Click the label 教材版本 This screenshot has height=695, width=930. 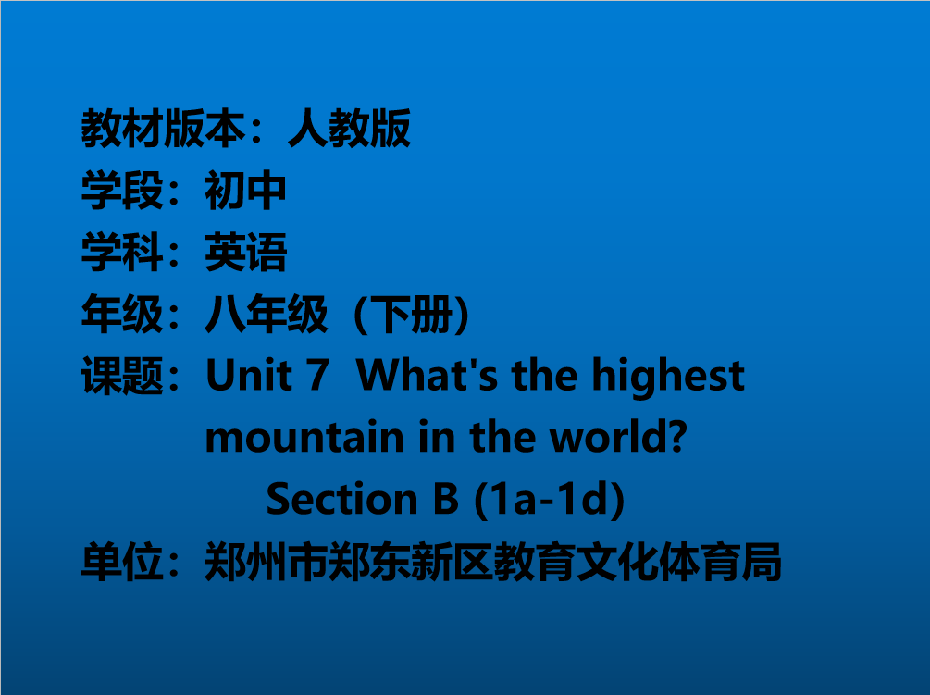coord(163,128)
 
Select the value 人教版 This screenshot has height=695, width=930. coord(349,128)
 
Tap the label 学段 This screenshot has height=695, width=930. coord(122,191)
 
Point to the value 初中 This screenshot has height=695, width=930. coord(245,191)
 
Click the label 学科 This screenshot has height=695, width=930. coord(122,252)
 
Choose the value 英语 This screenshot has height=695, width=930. coord(245,252)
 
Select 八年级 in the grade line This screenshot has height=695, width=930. coord(267,314)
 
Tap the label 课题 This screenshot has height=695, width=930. coord(122,376)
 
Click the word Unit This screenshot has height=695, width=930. coord(249,376)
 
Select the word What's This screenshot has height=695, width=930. coord(427,376)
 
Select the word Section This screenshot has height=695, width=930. coord(342,499)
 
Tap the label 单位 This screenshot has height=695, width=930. coord(122,562)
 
